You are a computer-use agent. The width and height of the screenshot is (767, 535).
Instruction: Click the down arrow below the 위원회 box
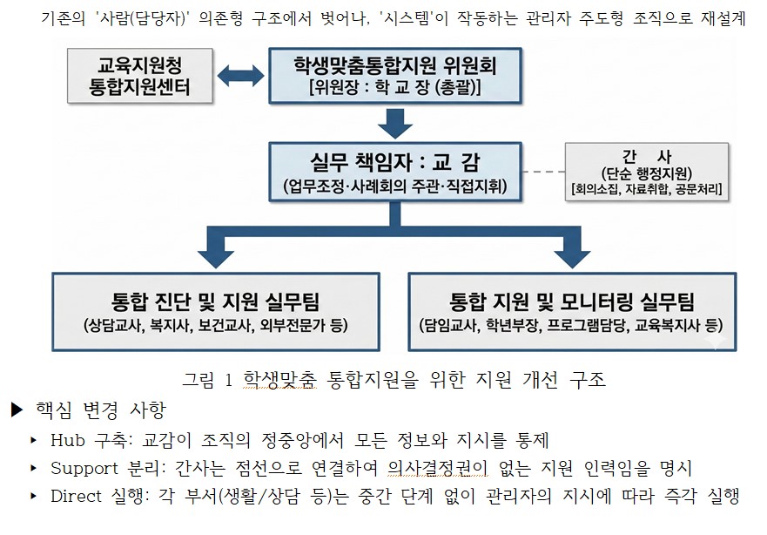(x=395, y=122)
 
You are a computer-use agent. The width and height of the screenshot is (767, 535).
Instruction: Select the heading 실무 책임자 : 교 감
(x=394, y=162)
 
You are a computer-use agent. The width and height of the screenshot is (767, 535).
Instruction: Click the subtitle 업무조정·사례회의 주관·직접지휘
(x=394, y=186)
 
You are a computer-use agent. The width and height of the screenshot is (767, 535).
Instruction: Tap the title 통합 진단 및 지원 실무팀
(x=216, y=302)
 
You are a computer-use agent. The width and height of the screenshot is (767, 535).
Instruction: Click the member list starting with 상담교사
(x=216, y=327)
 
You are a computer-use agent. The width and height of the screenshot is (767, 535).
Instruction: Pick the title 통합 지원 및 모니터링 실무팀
(x=572, y=302)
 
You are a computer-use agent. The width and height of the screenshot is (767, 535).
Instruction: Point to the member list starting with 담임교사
(x=572, y=327)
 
